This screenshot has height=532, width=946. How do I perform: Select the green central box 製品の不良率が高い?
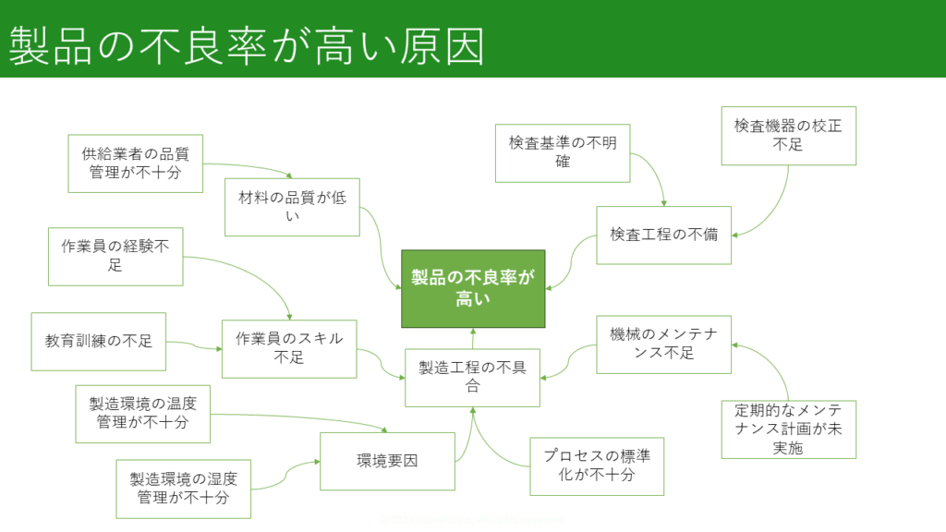[x=473, y=288]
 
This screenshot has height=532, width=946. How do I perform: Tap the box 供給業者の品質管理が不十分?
[x=136, y=163]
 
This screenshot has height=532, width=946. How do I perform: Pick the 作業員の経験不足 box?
[x=115, y=256]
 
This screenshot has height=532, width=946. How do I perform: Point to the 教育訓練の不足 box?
[x=99, y=341]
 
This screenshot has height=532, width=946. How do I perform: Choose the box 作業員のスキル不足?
[x=289, y=348]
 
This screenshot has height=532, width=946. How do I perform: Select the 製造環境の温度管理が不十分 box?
[x=143, y=414]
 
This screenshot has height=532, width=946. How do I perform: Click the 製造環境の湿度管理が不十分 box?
[x=184, y=489]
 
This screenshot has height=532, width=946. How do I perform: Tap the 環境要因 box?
[x=387, y=461]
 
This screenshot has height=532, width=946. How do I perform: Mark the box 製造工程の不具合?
[x=472, y=377]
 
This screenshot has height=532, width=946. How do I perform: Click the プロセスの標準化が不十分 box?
[x=597, y=465]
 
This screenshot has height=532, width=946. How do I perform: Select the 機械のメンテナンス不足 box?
[x=663, y=344]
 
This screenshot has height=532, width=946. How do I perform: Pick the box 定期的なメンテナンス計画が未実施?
[x=788, y=429]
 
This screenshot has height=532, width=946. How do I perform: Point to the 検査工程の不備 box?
[x=663, y=235]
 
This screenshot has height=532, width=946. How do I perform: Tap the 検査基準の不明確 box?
[x=563, y=152]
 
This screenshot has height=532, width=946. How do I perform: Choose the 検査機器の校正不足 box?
[x=788, y=136]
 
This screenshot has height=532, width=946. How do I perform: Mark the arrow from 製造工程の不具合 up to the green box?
[x=473, y=338]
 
